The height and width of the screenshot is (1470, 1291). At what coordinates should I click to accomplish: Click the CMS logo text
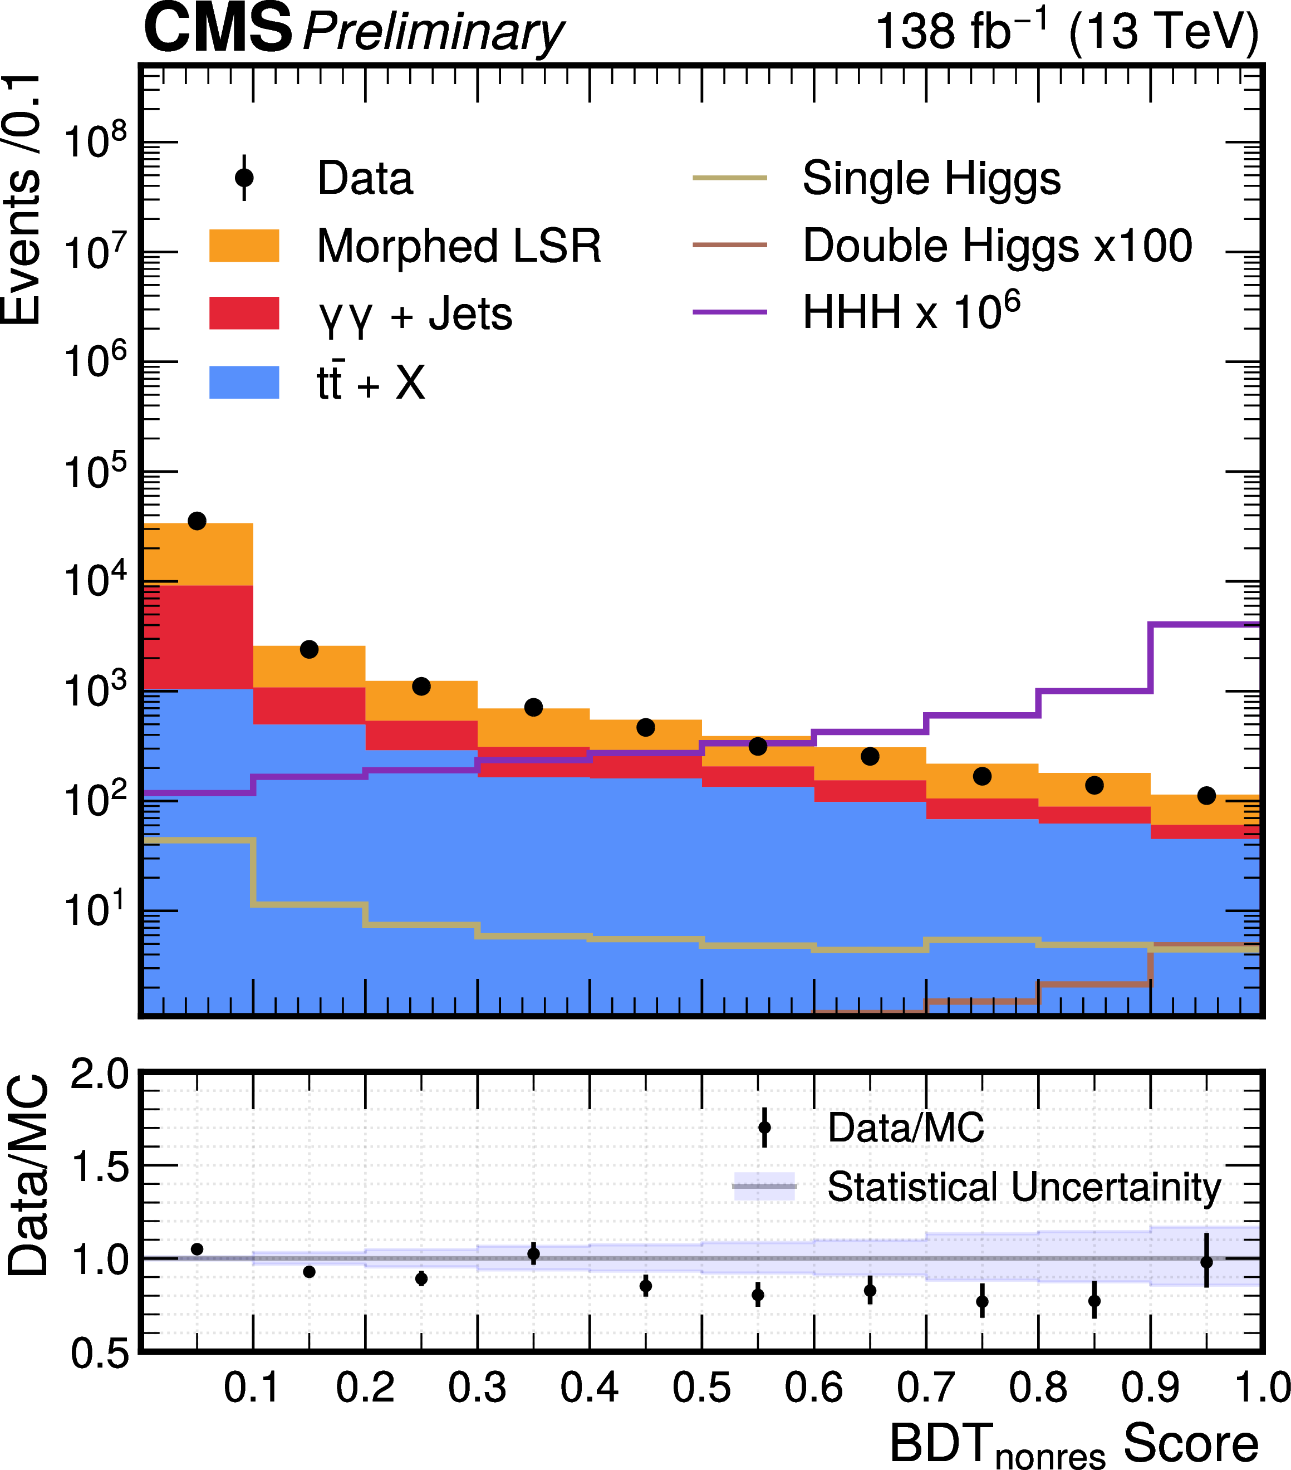(x=218, y=29)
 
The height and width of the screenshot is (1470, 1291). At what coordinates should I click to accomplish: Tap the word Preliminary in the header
(x=433, y=33)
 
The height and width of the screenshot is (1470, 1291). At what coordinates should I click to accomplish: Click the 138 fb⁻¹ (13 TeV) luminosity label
(x=1067, y=32)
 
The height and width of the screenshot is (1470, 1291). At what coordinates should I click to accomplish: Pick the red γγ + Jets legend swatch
(x=244, y=313)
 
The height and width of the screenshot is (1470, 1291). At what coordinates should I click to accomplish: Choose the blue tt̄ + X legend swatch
(x=244, y=382)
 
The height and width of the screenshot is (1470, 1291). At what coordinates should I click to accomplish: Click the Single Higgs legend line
(x=729, y=178)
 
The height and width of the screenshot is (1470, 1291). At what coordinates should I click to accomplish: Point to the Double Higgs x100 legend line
(x=729, y=245)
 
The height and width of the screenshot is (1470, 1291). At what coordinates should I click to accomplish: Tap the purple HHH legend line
(x=729, y=313)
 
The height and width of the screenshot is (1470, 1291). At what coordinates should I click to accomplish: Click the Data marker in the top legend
(x=244, y=178)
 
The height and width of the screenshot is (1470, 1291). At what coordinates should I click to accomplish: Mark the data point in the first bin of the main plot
(x=197, y=521)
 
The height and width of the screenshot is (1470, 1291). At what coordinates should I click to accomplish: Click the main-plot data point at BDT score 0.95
(x=1206, y=795)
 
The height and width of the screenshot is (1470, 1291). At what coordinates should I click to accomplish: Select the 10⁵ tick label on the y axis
(x=95, y=474)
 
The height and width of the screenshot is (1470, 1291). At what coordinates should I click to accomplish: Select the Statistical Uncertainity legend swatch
(x=764, y=1186)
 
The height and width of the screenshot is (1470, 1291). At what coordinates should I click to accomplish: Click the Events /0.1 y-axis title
(x=22, y=202)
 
